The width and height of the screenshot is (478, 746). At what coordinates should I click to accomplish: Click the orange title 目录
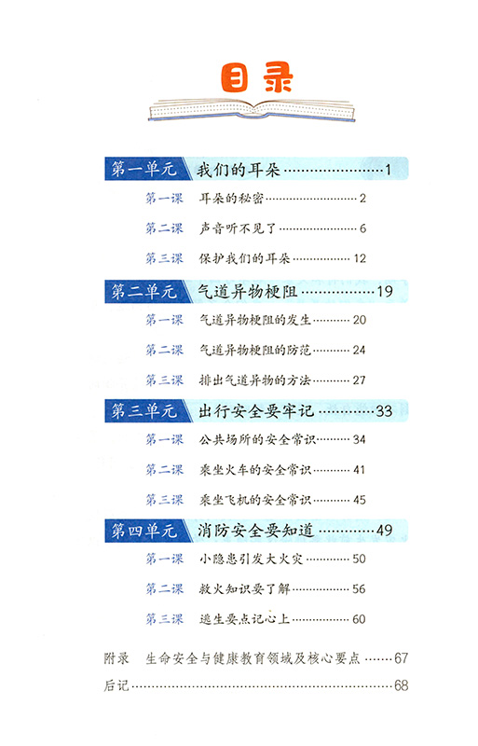tap(256, 77)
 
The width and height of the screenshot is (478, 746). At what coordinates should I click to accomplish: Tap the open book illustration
tap(252, 111)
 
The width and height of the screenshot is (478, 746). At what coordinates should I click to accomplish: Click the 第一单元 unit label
tap(143, 169)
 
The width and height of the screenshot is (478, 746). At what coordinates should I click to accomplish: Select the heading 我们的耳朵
tap(239, 170)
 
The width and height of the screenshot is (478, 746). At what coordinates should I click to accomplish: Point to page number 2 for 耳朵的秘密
tap(362, 199)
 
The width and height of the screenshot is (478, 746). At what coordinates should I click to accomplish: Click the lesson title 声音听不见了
tap(238, 228)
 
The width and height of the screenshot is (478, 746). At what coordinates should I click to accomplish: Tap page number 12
tap(360, 258)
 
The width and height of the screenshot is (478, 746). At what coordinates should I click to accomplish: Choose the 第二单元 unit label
tap(143, 291)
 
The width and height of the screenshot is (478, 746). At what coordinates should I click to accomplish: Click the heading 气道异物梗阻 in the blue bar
tap(247, 291)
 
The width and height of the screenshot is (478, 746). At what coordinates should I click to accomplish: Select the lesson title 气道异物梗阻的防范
tap(255, 351)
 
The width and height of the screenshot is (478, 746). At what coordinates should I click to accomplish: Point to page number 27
tap(359, 380)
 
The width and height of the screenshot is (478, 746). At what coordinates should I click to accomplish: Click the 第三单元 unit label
tap(143, 410)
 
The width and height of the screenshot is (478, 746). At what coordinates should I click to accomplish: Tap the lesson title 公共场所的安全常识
tap(257, 439)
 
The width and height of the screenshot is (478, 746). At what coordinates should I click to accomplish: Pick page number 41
tap(359, 470)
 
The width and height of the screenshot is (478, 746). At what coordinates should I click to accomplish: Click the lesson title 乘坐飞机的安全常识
tap(255, 500)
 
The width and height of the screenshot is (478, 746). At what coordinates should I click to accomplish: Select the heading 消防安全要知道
tap(256, 530)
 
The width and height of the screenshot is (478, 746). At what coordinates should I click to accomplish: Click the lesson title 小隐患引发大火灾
tap(251, 559)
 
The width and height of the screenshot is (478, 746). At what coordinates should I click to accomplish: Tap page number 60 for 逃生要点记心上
tap(359, 619)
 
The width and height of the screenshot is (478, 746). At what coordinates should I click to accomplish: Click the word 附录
tap(116, 658)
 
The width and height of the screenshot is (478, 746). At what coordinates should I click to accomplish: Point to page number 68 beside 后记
tap(401, 685)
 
